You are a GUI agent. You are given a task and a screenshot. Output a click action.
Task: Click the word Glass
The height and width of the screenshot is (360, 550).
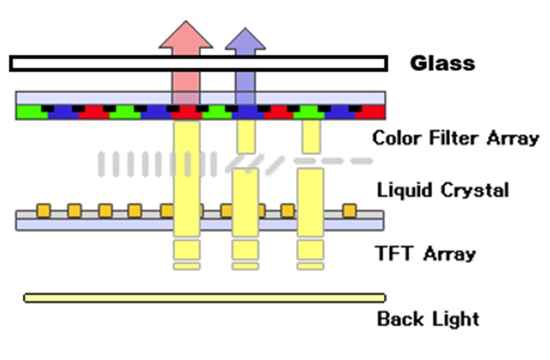tap(442, 64)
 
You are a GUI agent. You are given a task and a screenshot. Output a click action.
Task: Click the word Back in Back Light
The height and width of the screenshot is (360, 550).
tap(399, 318)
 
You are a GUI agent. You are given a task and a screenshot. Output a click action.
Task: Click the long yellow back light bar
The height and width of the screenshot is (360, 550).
tap(204, 298)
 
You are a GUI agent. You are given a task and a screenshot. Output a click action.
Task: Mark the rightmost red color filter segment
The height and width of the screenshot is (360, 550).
tap(370, 112)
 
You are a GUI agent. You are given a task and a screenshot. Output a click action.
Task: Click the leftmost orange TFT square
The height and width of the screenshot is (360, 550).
tap(42, 211)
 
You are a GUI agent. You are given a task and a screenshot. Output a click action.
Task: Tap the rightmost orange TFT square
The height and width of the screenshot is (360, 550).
tap(349, 211)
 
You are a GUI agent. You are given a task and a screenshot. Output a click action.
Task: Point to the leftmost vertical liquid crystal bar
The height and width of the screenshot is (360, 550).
tap(102, 163)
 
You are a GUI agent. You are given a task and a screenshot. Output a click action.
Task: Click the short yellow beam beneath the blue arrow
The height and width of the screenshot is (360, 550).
tap(246, 135)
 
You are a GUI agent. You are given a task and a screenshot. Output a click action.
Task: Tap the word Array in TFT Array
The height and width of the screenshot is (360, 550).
tap(449, 255)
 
